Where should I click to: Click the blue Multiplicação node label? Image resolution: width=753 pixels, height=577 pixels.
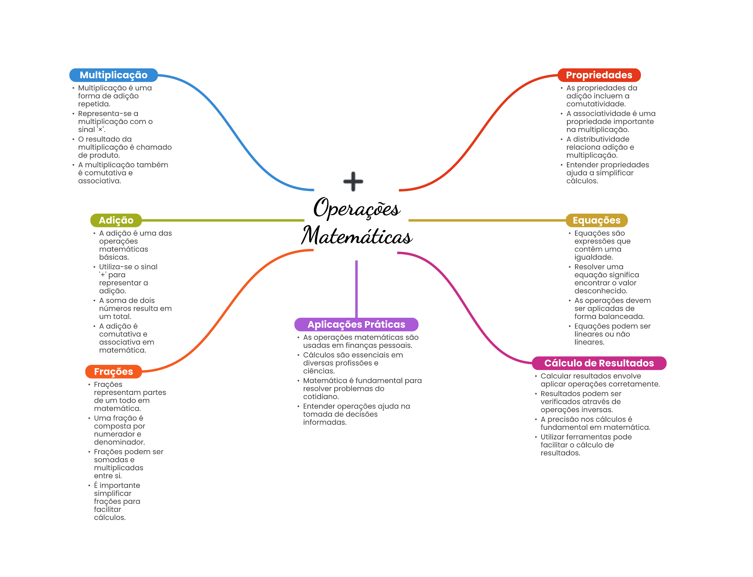tap(113, 75)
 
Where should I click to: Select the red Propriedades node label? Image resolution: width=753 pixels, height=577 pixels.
tap(599, 75)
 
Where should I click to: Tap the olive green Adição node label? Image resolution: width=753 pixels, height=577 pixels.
tap(116, 220)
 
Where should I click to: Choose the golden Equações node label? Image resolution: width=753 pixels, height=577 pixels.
tap(596, 220)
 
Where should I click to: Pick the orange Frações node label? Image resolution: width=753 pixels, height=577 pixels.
tap(113, 371)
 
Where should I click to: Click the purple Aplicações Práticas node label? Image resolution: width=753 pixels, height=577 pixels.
tap(356, 324)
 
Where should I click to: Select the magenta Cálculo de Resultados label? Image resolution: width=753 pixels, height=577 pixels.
tap(599, 363)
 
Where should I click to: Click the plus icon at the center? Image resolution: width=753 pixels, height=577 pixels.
tap(353, 181)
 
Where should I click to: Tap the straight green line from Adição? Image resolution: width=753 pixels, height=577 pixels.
tap(221, 220)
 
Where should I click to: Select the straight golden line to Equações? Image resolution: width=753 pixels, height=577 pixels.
tap(485, 220)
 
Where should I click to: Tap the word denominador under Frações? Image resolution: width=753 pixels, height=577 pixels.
tap(119, 442)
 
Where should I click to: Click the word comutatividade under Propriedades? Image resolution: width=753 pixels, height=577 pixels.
tap(596, 104)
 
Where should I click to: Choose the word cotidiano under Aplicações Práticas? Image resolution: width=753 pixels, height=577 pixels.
tap(321, 397)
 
